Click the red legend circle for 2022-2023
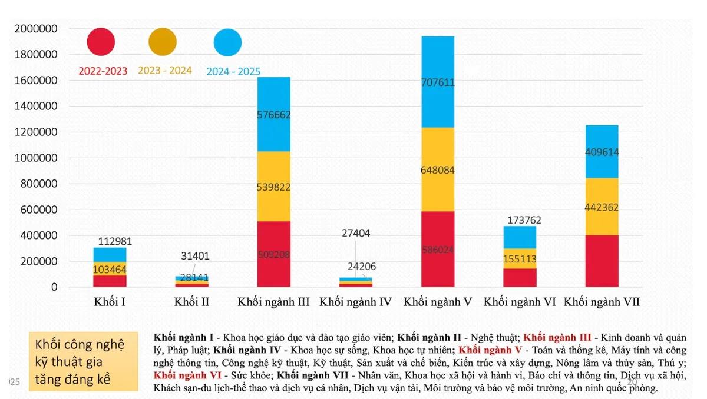[101, 42]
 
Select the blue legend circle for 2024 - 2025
[227, 42]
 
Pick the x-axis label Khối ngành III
[274, 302]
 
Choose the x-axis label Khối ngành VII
[602, 302]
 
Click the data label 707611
[438, 82]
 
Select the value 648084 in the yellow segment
[438, 171]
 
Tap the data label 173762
[519, 221]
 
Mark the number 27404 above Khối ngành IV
[355, 233]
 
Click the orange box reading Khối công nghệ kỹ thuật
[83, 361]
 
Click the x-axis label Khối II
[191, 302]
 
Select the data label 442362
[602, 207]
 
